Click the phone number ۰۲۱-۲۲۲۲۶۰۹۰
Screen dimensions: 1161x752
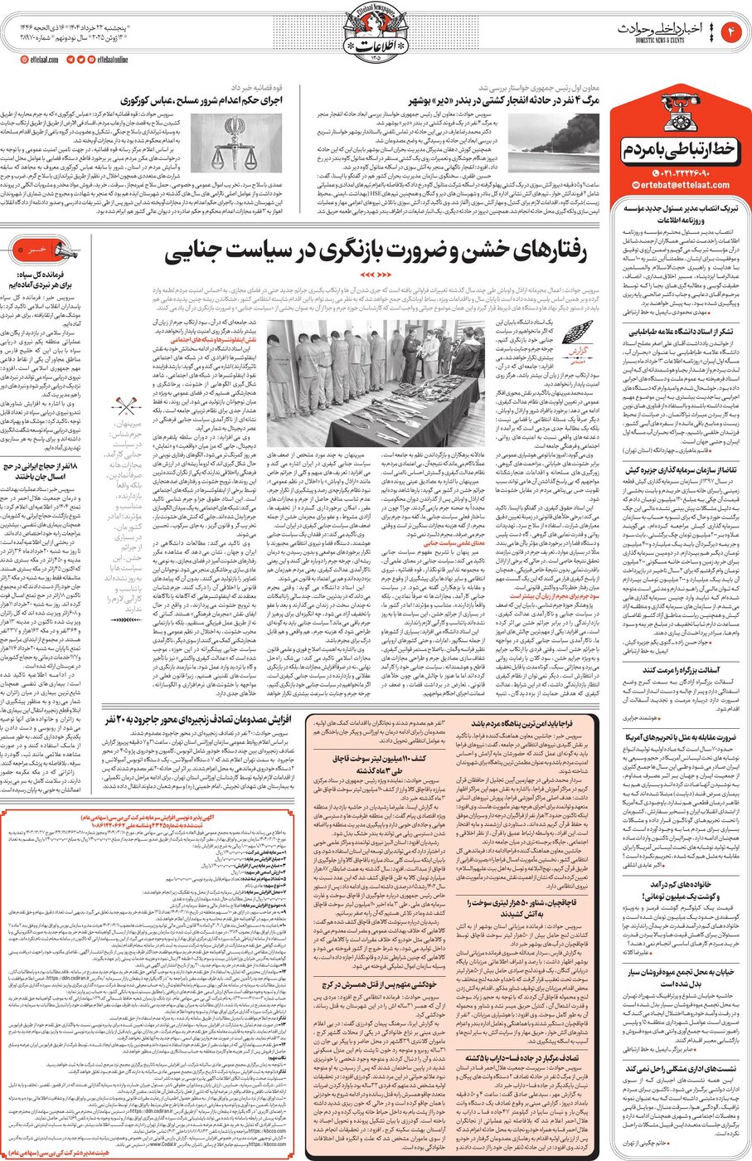[x=685, y=172]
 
